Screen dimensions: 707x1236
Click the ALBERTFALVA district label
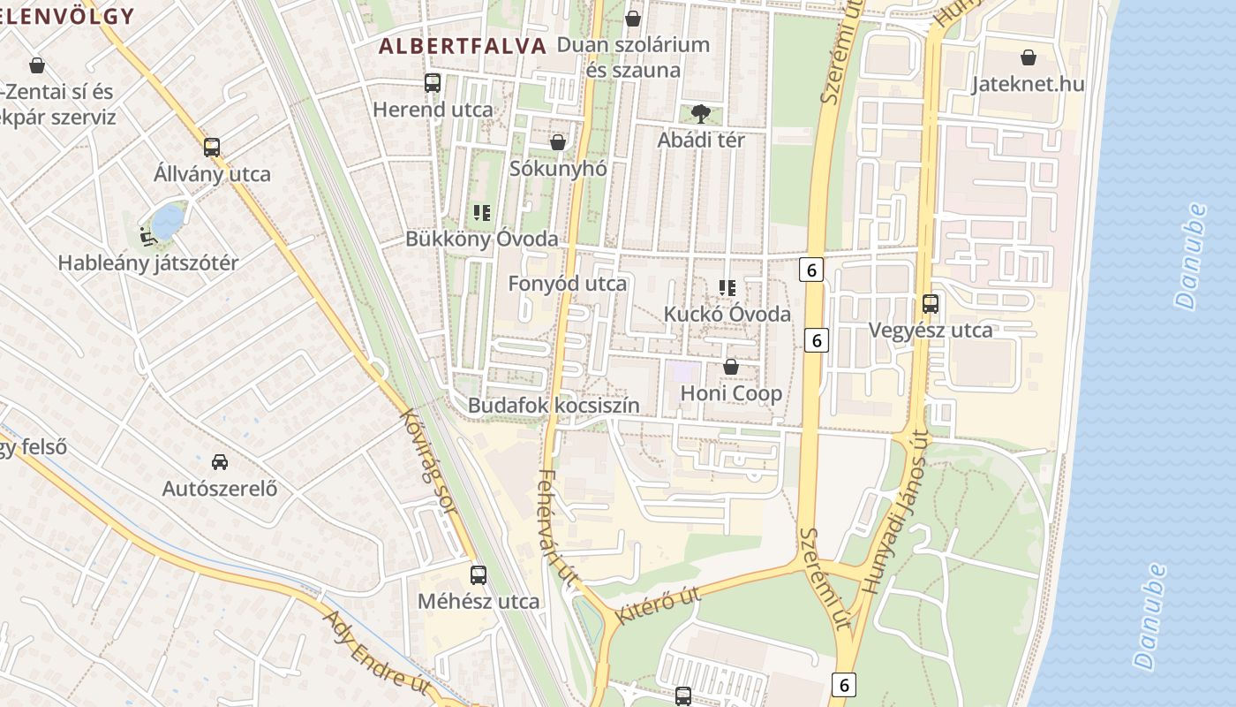(463, 47)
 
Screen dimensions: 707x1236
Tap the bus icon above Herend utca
(433, 83)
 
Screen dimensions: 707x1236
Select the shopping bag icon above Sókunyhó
(558, 141)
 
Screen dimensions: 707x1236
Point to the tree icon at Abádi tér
(701, 113)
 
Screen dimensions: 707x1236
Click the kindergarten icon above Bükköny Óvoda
(481, 212)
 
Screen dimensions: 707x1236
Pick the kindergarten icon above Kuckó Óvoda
(727, 287)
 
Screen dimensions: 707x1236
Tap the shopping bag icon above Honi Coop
(731, 366)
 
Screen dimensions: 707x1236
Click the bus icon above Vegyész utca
(931, 304)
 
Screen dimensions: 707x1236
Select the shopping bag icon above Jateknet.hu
(1029, 57)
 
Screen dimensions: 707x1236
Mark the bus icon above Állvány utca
(212, 147)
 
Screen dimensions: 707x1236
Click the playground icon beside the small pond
(147, 236)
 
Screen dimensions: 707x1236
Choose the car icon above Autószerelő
(220, 461)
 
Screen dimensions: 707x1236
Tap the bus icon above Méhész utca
(479, 575)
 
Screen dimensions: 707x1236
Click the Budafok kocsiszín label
(554, 406)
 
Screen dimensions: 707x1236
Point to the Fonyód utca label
(567, 284)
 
